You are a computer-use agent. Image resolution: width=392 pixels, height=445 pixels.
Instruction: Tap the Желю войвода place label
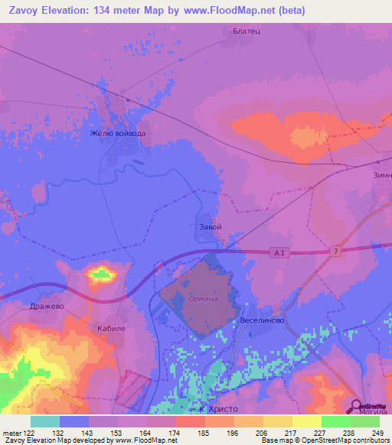coord(117,133)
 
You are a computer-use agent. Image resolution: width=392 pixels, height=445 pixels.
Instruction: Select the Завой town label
coord(210,227)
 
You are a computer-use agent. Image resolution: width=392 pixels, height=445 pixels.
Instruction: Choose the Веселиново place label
coord(263,321)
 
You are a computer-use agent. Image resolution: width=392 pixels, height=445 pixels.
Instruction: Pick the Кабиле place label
coord(111,327)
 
